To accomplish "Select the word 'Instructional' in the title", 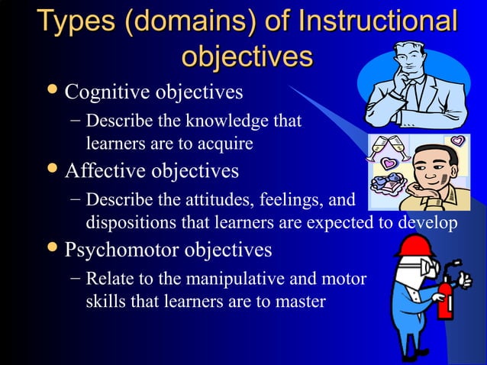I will point(379,21).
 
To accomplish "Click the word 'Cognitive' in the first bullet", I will point(108,93).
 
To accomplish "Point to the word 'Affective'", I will point(105,170).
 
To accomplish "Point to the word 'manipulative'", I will point(250,279).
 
